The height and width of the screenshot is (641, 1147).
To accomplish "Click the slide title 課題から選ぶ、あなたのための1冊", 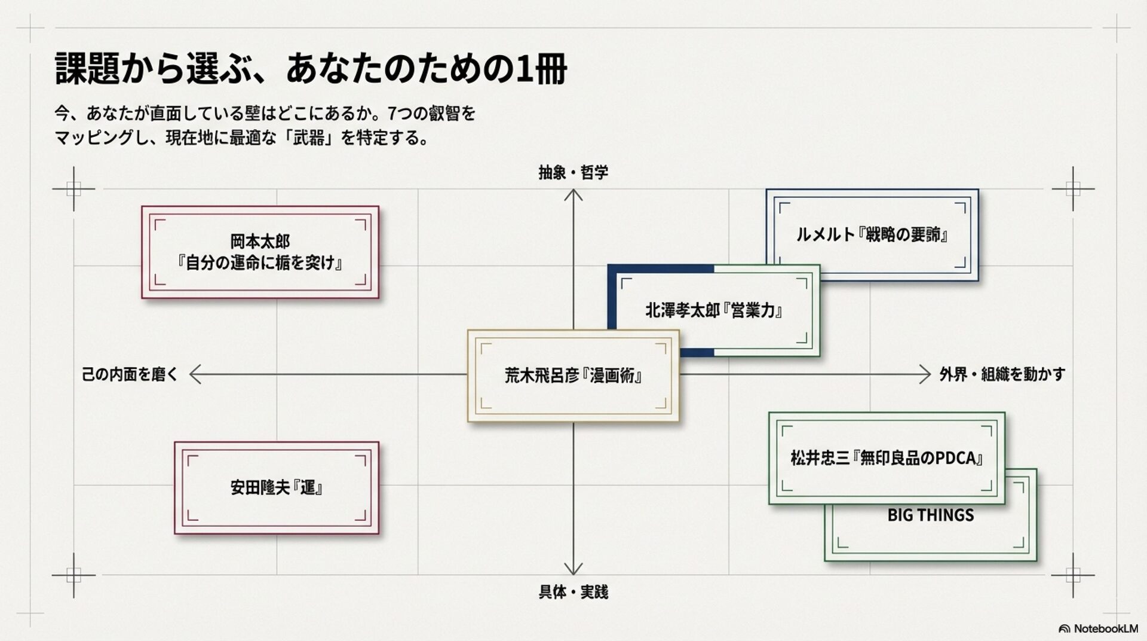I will (x=311, y=69).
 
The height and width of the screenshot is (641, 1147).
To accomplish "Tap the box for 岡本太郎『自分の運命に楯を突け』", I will (x=260, y=252).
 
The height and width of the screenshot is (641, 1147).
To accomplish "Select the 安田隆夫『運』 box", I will (x=277, y=487).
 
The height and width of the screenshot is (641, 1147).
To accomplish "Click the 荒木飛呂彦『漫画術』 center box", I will (x=573, y=376).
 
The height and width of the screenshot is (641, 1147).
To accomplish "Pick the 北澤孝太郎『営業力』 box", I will (x=714, y=310).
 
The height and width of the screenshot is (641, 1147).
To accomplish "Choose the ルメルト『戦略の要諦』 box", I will (x=872, y=234).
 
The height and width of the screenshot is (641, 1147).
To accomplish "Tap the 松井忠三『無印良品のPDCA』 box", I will (x=887, y=458).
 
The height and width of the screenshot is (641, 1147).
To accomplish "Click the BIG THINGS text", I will (x=930, y=515).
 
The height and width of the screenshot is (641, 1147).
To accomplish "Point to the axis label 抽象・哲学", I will (x=573, y=173).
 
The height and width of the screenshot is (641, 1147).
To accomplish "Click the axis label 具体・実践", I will (x=573, y=592).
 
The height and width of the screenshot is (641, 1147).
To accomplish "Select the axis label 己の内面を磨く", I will (x=130, y=374).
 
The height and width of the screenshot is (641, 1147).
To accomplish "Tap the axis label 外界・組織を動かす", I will (x=1002, y=374).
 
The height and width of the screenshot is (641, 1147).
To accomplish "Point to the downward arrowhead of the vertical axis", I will (x=573, y=570).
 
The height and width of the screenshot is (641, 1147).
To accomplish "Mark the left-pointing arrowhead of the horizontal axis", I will (x=194, y=374).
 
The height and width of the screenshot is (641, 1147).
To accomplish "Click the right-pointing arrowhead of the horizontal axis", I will (x=926, y=374).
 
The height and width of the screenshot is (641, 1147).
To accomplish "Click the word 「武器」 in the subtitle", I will (x=309, y=138).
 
